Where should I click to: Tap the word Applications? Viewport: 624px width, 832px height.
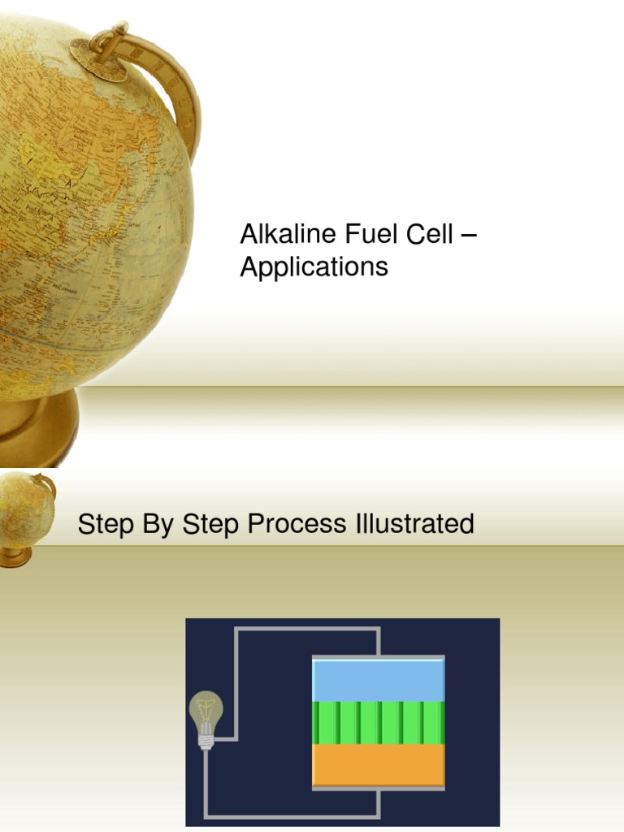tap(314, 266)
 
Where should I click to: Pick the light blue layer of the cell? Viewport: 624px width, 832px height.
tap(379, 681)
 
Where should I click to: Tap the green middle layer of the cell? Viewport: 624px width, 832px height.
tap(379, 722)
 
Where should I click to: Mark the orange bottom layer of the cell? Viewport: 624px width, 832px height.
tap(379, 764)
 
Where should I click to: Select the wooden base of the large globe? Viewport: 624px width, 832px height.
tap(37, 431)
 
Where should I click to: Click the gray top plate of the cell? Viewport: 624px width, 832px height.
tap(379, 657)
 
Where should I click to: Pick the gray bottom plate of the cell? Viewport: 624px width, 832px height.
tap(379, 787)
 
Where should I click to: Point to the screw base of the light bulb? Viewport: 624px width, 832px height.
tap(206, 740)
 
